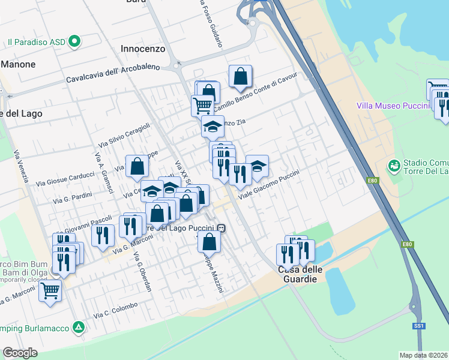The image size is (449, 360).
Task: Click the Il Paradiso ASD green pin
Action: pyautogui.click(x=74, y=42)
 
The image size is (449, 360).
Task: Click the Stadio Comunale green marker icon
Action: pyautogui.click(x=394, y=164)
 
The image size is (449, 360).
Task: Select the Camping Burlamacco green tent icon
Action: pyautogui.click(x=79, y=327)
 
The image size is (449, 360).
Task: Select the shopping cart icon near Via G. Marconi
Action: pyautogui.click(x=50, y=292)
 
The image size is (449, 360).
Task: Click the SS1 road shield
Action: pyautogui.click(x=418, y=325)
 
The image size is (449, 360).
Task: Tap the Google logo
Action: pyautogui.click(x=20, y=353)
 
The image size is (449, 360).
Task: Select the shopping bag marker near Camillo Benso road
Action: pyautogui.click(x=240, y=77)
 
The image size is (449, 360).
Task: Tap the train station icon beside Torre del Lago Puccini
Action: pyautogui.click(x=222, y=228)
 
